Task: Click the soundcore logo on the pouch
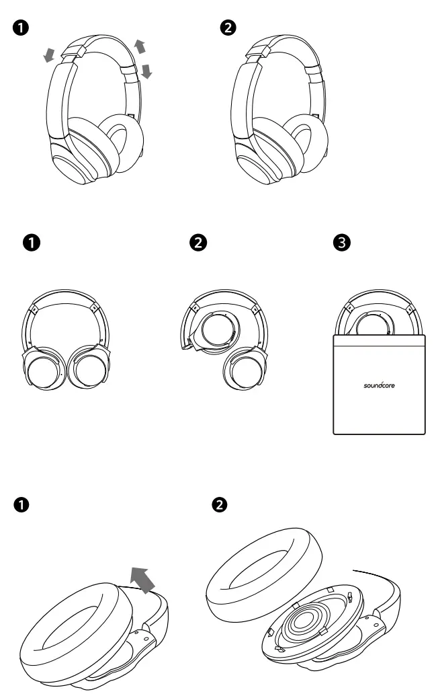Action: (379, 387)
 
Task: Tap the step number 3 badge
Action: (341, 242)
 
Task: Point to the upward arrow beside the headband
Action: (139, 46)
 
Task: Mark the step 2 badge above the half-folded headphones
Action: (198, 242)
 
